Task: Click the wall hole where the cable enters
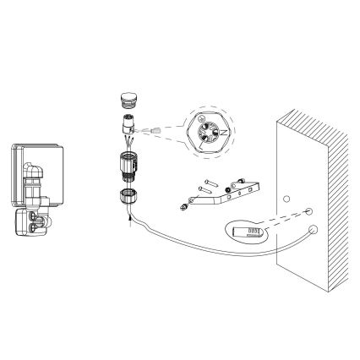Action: pos(314,228)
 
